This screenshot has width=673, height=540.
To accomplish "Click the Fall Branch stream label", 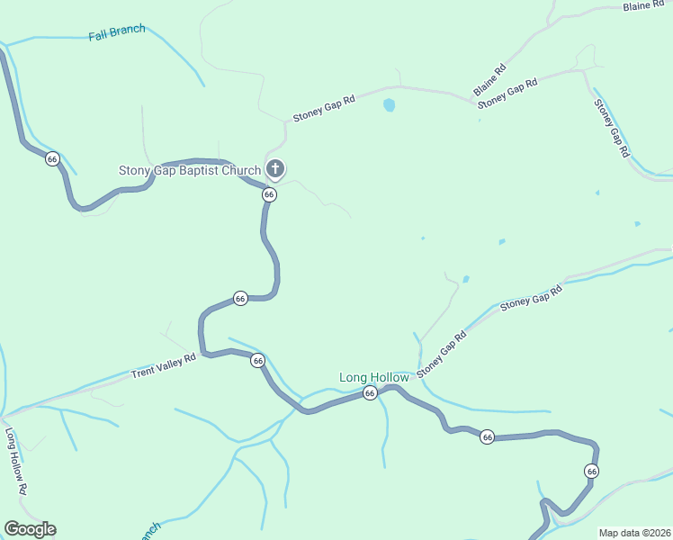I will point(117,33).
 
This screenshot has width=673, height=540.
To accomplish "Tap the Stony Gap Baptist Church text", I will point(190,170).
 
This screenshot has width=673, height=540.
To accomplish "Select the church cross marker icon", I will point(275,168).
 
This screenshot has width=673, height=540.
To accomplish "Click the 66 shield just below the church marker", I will point(269,194).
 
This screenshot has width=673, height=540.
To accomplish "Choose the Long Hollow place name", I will point(373,378).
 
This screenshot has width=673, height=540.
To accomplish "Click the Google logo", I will point(30,529).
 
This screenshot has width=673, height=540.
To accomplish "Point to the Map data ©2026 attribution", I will point(633,533).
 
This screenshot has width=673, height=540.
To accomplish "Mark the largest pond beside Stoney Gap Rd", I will point(389,105).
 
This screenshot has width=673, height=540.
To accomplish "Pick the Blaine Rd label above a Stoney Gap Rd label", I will point(489,80).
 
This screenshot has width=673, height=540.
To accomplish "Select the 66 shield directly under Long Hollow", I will point(370,393).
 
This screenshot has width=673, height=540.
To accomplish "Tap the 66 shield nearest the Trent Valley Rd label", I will point(258,360).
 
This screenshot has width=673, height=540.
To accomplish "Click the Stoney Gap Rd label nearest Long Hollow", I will point(441,354).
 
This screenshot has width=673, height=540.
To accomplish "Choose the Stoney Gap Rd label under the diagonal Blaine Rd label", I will point(507,94).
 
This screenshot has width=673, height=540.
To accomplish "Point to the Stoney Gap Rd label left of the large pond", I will point(324,109).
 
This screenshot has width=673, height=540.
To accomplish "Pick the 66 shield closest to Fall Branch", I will point(52,158).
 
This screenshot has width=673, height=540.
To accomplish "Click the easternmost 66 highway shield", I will point(591,471).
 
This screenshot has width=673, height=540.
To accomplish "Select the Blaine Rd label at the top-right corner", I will point(642,6).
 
